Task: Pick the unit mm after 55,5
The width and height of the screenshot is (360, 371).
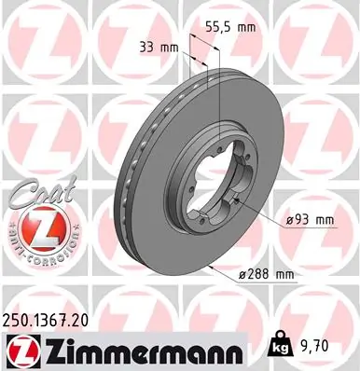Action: pos(246,27)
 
